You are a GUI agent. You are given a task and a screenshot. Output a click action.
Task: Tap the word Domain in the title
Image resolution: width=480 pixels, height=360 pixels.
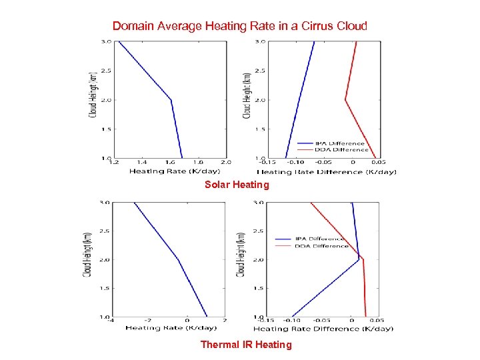point(132,26)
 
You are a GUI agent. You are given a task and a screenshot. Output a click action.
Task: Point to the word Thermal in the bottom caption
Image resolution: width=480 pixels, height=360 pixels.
point(219,345)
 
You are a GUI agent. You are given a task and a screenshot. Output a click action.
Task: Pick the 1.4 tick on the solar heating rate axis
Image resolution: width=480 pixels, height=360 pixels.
point(143,162)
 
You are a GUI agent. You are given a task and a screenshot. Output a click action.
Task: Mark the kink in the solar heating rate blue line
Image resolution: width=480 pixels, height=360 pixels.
point(171,100)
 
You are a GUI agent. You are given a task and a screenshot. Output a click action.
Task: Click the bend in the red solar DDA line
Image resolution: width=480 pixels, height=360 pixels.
point(345,100)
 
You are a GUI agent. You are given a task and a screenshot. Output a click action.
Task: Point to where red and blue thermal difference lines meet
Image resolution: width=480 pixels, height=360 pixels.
point(361,258)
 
